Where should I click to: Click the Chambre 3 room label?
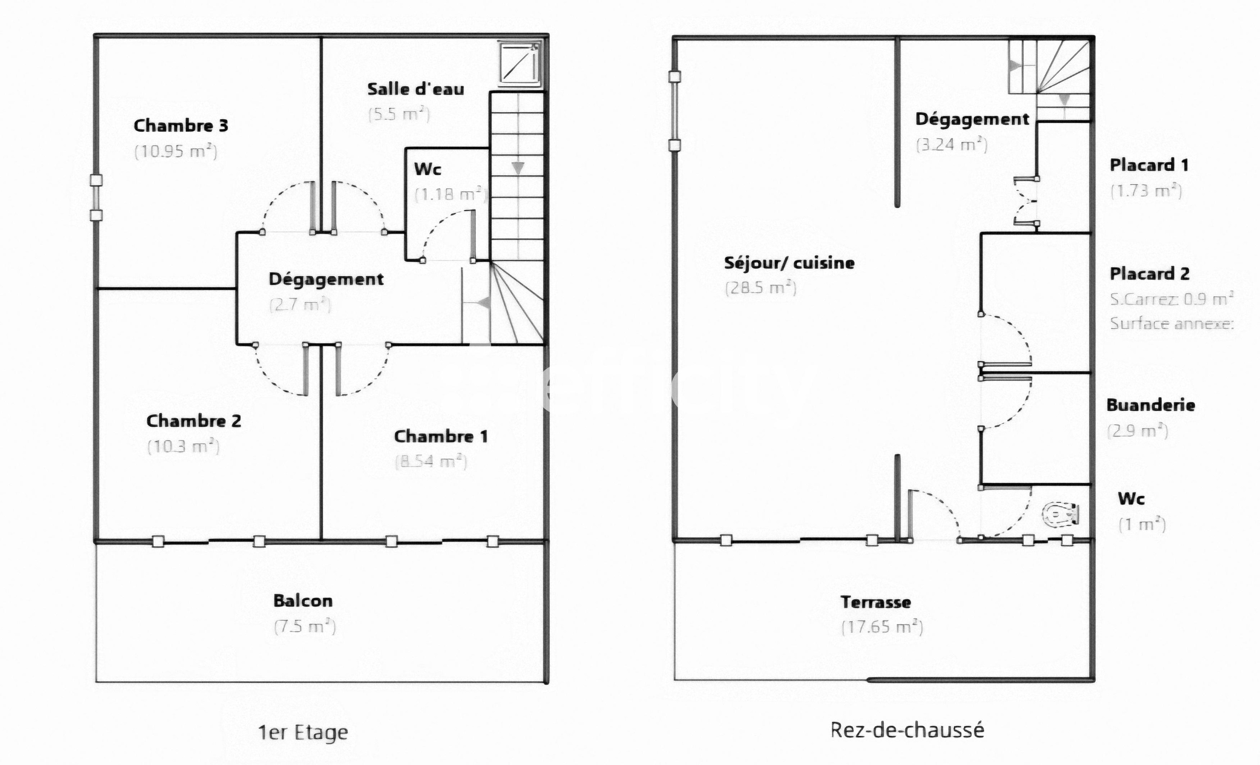pos(181,126)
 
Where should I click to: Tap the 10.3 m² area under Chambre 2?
pos(184,446)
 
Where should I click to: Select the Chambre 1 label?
pos(441,436)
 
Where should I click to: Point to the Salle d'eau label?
pos(416,89)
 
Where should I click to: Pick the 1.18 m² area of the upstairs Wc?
pos(450,194)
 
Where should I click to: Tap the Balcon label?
pos(303,601)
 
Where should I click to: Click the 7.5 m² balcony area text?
pos(305,626)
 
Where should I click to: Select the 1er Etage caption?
pos(303,733)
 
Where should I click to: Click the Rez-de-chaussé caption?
pos(907,730)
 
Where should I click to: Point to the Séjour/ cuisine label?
pos(789,263)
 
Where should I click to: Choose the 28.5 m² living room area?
pos(761,288)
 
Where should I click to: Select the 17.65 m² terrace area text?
pos(882,627)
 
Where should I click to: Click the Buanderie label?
pos(1150,405)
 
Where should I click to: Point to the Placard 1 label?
pos(1149,165)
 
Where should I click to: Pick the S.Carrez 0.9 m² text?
pos(1172,299)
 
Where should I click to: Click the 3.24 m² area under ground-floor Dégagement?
pos(951,145)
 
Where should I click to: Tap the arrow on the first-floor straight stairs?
pos(518,168)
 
